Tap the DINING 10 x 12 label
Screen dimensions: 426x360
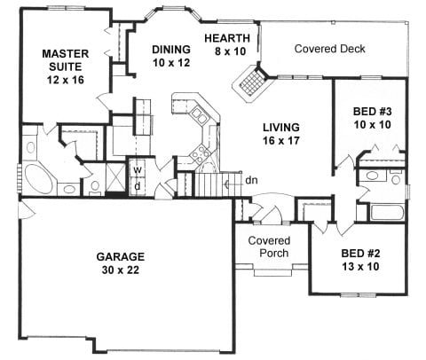[x=171, y=56]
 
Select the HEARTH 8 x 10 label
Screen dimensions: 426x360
[x=227, y=44]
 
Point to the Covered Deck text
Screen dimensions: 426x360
[x=329, y=49]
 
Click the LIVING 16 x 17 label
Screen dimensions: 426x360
[x=281, y=134]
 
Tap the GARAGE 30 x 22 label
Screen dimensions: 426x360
[x=121, y=263]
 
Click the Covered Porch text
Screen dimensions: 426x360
[x=269, y=247]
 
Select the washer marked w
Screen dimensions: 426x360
[x=138, y=169]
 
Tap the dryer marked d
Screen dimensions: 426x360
[x=138, y=186]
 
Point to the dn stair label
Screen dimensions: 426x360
[x=251, y=180]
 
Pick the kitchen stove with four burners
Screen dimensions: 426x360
[x=197, y=155]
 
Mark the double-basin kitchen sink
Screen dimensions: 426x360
[x=199, y=115]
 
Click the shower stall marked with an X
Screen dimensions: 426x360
[x=115, y=177]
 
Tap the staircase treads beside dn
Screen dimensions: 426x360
[x=209, y=184]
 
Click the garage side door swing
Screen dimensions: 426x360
[x=27, y=208]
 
